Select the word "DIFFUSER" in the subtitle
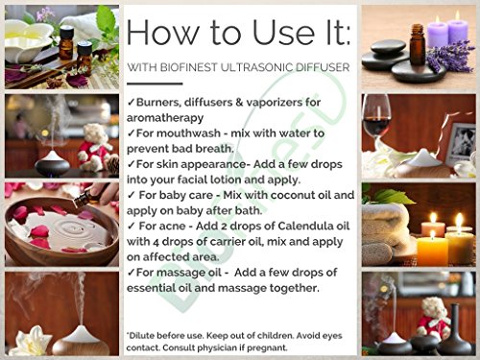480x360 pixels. click(x=323, y=67)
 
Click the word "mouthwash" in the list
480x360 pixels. click(x=179, y=133)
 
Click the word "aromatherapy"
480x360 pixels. click(x=165, y=118)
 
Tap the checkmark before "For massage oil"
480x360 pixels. click(x=131, y=273)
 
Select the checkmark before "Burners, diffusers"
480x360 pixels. click(x=131, y=103)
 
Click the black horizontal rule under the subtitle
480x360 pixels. click(x=155, y=84)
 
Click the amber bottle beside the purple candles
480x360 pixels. click(x=417, y=44)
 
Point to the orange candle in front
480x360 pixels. click(x=432, y=250)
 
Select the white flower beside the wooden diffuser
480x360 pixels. click(x=31, y=341)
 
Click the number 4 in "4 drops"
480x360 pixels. click(x=156, y=242)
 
